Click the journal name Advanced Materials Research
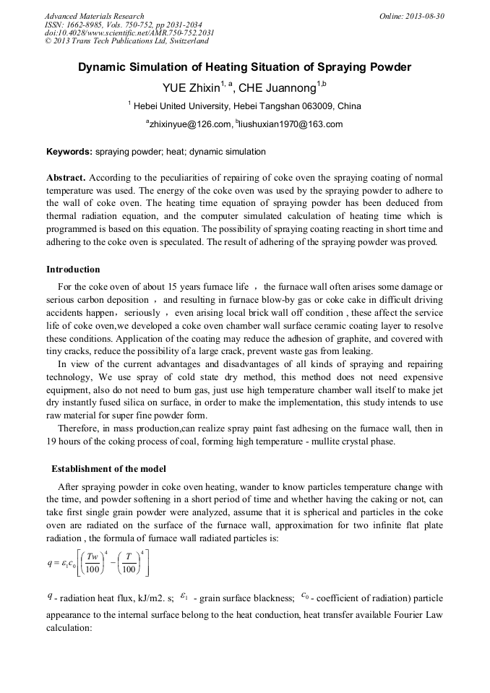click(x=94, y=16)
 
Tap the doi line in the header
click(x=129, y=33)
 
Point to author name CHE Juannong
click(x=279, y=89)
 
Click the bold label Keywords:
click(x=69, y=152)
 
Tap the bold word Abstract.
click(x=66, y=177)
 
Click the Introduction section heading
click(x=73, y=270)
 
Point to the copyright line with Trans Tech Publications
click(x=126, y=41)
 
